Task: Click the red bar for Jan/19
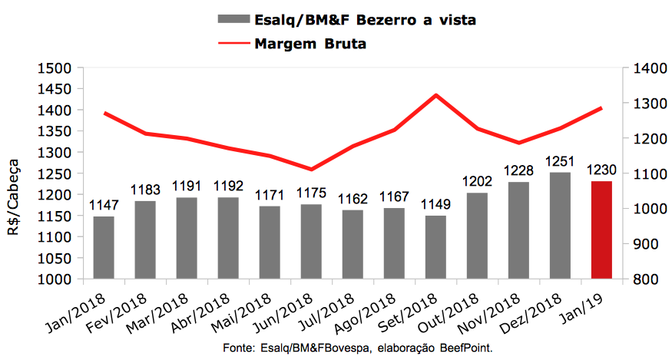click(x=601, y=230)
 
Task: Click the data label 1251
click(x=560, y=162)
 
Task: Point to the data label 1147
click(x=104, y=206)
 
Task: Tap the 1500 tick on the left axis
click(x=53, y=68)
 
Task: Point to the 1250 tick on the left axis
click(x=53, y=173)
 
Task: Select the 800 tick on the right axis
click(x=647, y=279)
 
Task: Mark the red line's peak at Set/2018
click(x=435, y=95)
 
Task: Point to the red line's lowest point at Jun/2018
click(x=311, y=170)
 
